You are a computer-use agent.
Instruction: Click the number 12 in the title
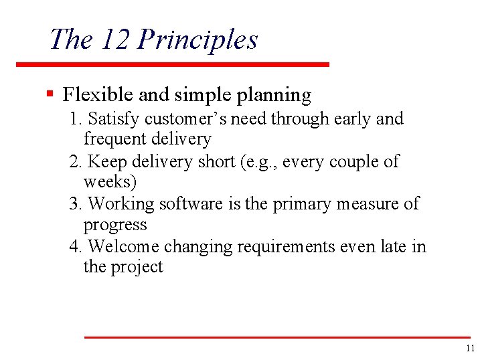point(116,39)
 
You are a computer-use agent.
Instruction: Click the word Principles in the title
point(197,40)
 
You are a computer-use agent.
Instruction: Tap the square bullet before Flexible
point(50,94)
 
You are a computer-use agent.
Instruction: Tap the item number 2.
point(75,162)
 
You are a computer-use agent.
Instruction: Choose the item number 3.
point(75,203)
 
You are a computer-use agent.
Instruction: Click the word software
point(189,203)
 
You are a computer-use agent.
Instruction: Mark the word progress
point(114,225)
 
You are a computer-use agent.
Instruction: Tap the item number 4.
point(75,247)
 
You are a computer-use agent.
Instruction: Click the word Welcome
point(123,247)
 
